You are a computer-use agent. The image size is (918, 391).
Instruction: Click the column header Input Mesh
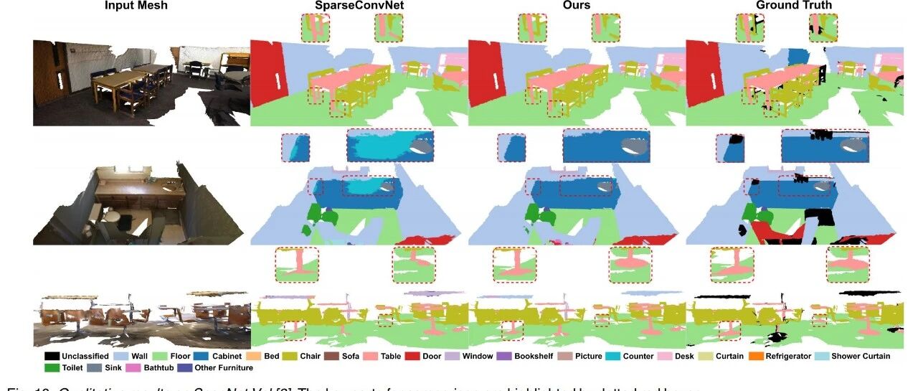coord(136,6)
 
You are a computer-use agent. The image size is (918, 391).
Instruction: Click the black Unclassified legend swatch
coord(52,357)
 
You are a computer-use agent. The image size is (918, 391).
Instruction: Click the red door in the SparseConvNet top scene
coord(270,71)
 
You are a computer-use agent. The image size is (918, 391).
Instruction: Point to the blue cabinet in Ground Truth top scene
coord(797,58)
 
